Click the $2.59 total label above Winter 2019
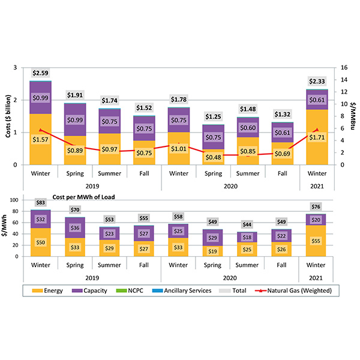point(41,73)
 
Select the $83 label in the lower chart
point(41,203)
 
